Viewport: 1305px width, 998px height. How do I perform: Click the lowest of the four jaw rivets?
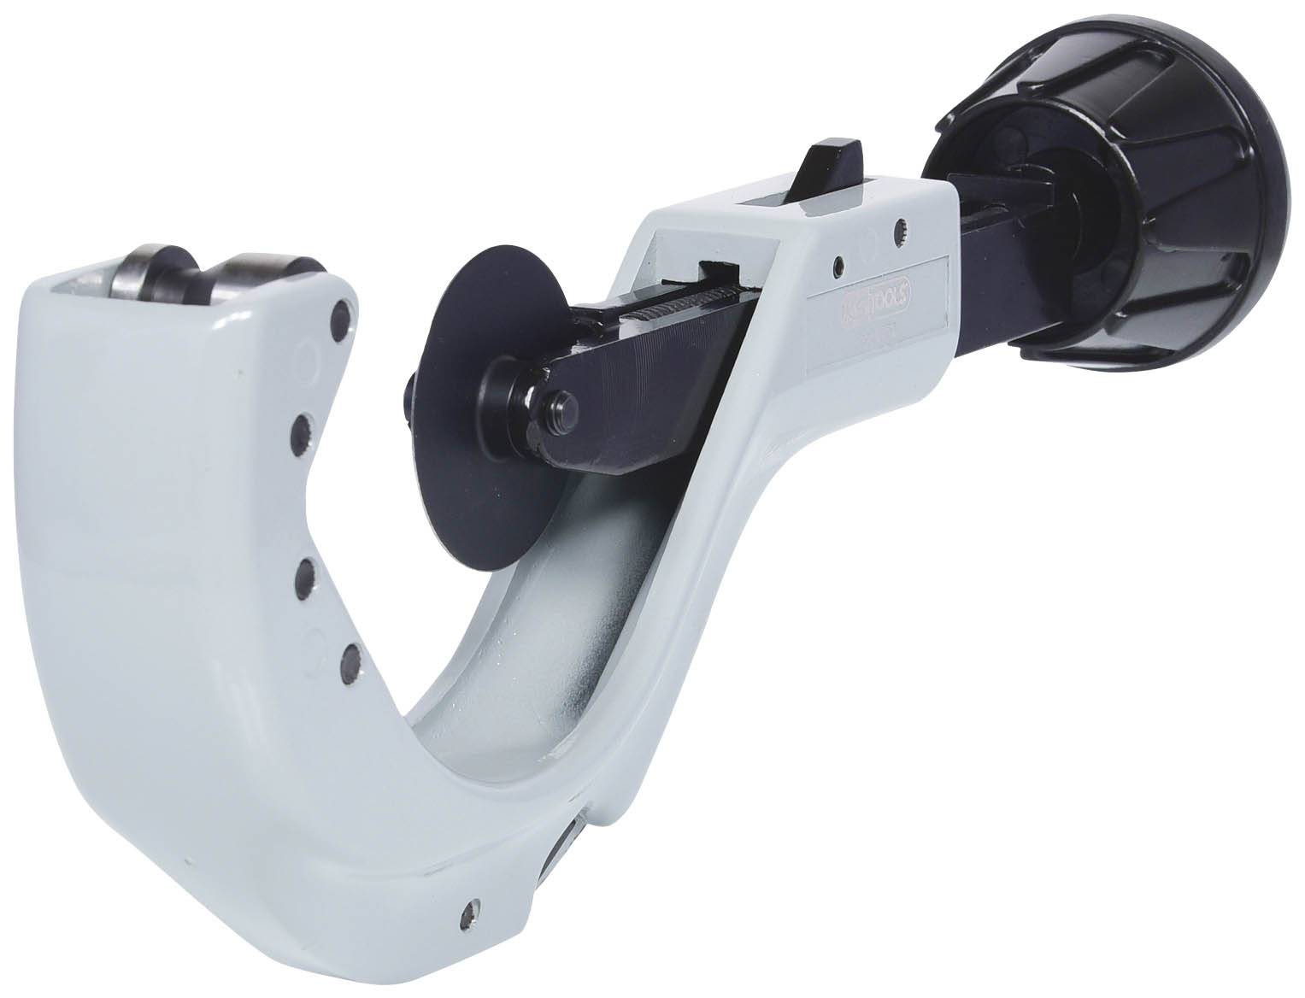point(350,661)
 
